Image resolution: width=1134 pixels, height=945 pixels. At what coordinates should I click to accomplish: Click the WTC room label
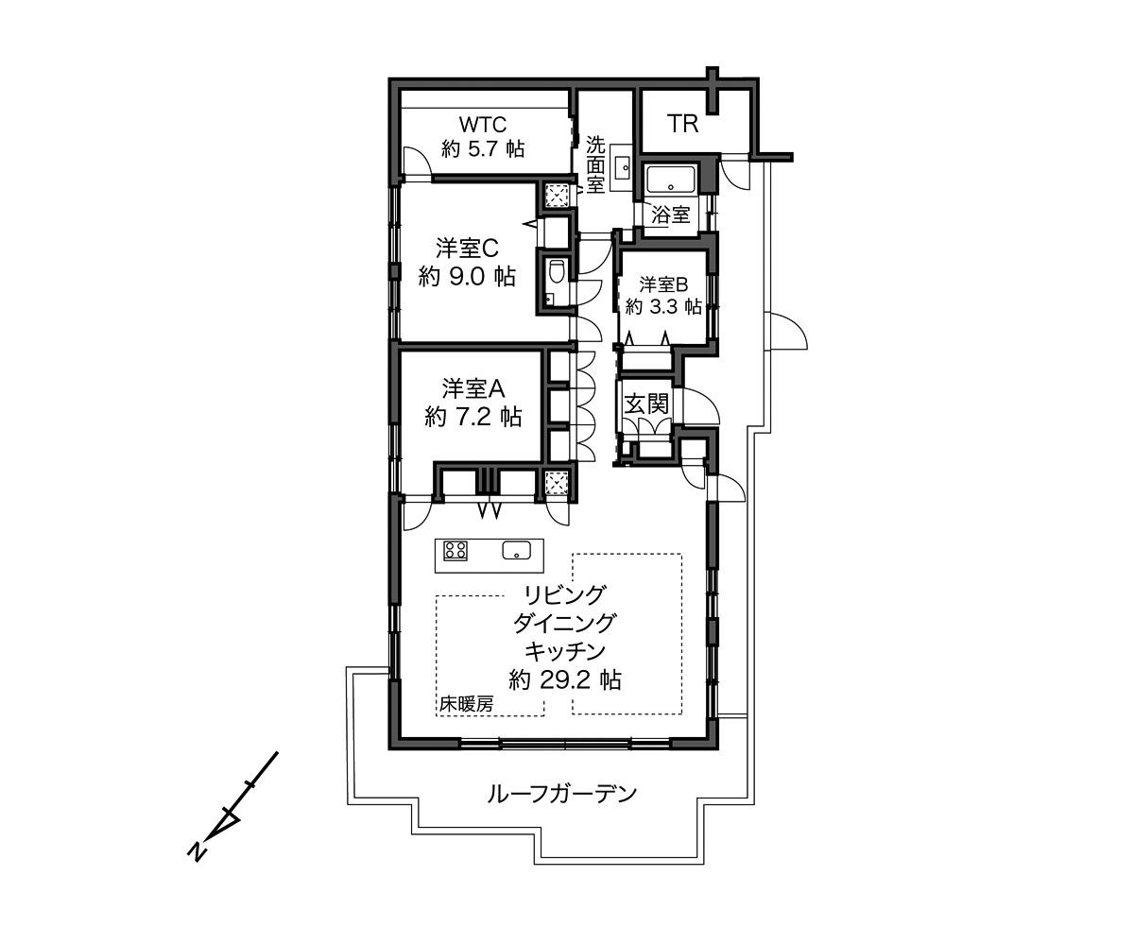click(483, 124)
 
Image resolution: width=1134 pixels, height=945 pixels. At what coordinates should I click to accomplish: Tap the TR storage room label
click(682, 123)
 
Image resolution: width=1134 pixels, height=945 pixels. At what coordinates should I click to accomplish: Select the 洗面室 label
click(595, 164)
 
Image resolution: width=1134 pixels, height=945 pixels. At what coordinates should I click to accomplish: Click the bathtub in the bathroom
click(670, 180)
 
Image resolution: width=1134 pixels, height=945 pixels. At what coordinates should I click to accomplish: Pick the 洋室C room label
click(467, 248)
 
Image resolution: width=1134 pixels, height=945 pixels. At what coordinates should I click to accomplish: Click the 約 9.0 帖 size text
click(467, 277)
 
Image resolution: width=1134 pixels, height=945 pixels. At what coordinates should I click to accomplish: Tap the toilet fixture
click(557, 271)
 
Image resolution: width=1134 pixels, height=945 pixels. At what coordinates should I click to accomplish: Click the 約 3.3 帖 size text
click(663, 306)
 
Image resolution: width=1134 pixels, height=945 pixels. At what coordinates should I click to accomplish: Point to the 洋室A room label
click(473, 388)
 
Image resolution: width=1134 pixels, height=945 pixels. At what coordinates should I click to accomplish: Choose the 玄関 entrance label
click(646, 404)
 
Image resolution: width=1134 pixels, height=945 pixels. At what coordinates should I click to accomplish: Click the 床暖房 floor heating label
click(466, 704)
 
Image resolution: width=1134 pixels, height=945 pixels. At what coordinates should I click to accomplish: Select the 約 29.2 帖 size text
click(564, 679)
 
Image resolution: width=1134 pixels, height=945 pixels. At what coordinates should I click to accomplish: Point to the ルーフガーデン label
click(561, 792)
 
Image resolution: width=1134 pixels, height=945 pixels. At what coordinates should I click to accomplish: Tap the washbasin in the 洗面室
click(623, 168)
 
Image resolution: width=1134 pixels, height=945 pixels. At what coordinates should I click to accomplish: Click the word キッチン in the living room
click(564, 650)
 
